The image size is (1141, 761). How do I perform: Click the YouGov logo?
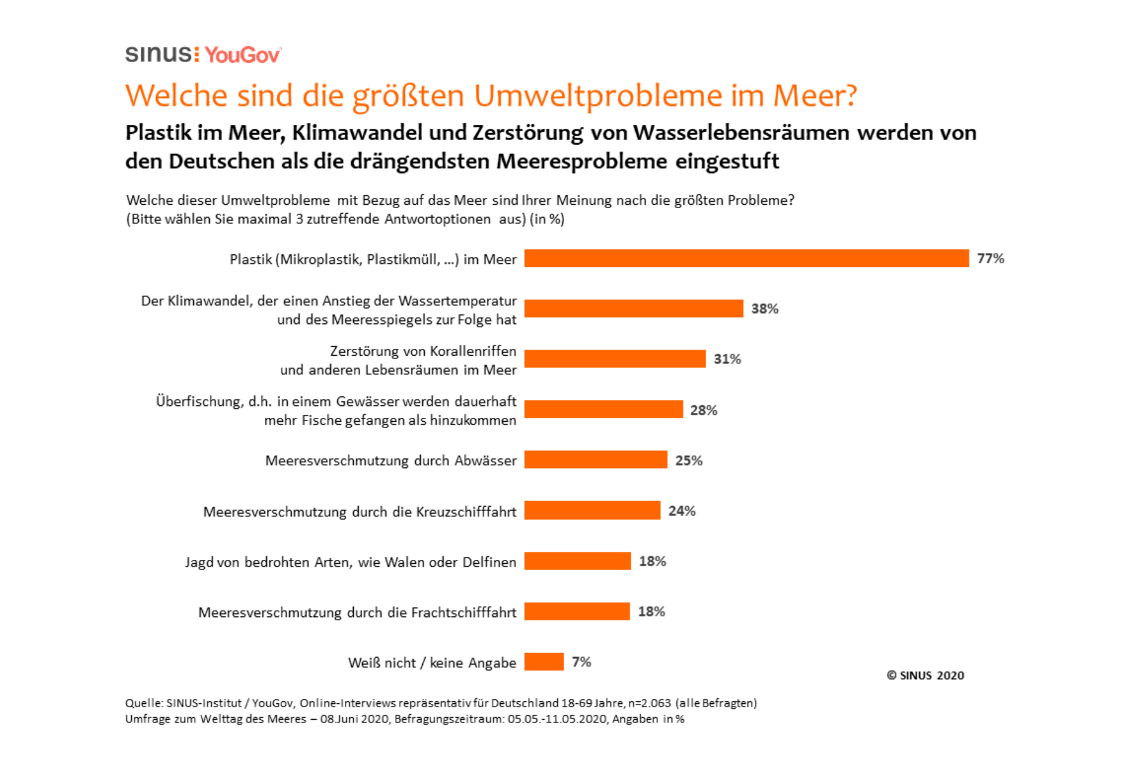[243, 55]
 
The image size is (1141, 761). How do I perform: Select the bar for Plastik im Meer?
[746, 258]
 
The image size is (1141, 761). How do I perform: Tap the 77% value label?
[990, 258]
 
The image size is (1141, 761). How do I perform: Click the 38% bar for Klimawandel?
[633, 309]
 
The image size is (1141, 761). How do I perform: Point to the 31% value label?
[727, 359]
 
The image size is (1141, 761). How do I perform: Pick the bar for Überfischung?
[603, 410]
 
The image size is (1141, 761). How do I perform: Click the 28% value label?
[704, 410]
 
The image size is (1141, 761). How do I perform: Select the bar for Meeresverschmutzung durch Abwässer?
[595, 460]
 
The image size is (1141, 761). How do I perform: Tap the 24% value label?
[681, 511]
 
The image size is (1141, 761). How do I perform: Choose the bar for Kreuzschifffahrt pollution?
[592, 511]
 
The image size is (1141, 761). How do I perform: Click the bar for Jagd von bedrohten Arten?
[577, 561]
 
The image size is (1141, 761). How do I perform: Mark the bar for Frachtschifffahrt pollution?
[577, 611]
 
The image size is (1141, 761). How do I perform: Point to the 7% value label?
[581, 662]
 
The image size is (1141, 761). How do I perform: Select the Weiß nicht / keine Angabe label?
[432, 663]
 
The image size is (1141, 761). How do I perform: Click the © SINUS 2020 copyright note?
[925, 675]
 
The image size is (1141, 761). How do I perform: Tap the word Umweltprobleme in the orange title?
[597, 96]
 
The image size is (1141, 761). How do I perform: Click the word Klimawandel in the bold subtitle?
[357, 133]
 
